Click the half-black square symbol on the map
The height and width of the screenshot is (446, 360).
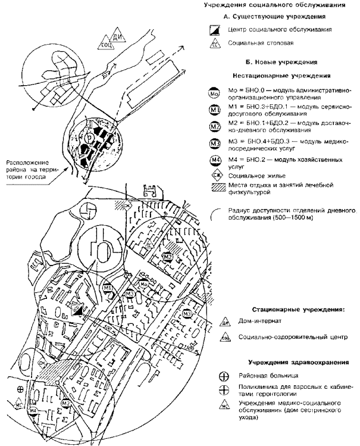click(x=76, y=309)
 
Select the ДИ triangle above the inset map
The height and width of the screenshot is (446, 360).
click(x=117, y=39)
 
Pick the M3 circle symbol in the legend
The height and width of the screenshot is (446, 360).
click(x=215, y=144)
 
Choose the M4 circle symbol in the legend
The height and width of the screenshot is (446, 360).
click(x=215, y=161)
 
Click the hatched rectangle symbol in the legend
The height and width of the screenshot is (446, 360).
click(x=215, y=189)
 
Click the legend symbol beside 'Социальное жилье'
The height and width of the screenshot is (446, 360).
click(x=215, y=177)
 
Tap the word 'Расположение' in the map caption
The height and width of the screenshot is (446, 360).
click(x=27, y=162)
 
